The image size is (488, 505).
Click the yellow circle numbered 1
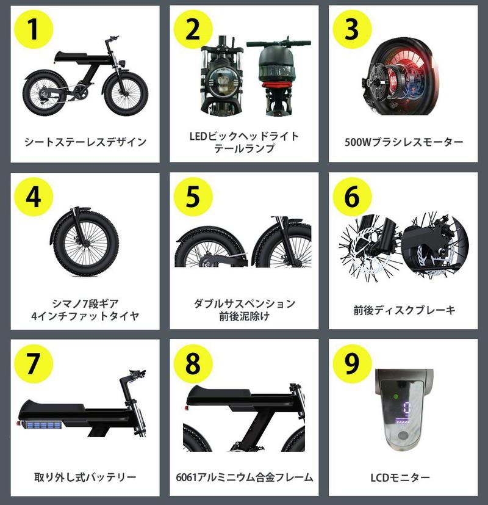pyautogui.click(x=34, y=29)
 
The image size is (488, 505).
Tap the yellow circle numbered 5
pyautogui.click(x=193, y=197)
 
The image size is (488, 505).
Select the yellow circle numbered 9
pyautogui.click(x=352, y=363)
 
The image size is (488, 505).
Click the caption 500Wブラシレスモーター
pyautogui.click(x=404, y=142)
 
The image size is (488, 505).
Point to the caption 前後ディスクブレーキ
pyautogui.click(x=404, y=310)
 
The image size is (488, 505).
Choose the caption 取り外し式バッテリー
pyautogui.click(x=85, y=477)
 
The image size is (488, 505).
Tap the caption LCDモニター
pyautogui.click(x=400, y=478)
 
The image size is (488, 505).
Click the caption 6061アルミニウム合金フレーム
pyautogui.click(x=244, y=477)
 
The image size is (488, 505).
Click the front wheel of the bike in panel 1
pyautogui.click(x=126, y=93)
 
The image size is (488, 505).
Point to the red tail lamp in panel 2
pyautogui.click(x=278, y=85)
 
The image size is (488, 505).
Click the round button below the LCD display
pyautogui.click(x=403, y=436)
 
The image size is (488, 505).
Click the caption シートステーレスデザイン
pyautogui.click(x=85, y=142)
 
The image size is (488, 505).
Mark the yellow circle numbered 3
pyautogui.click(x=352, y=29)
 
